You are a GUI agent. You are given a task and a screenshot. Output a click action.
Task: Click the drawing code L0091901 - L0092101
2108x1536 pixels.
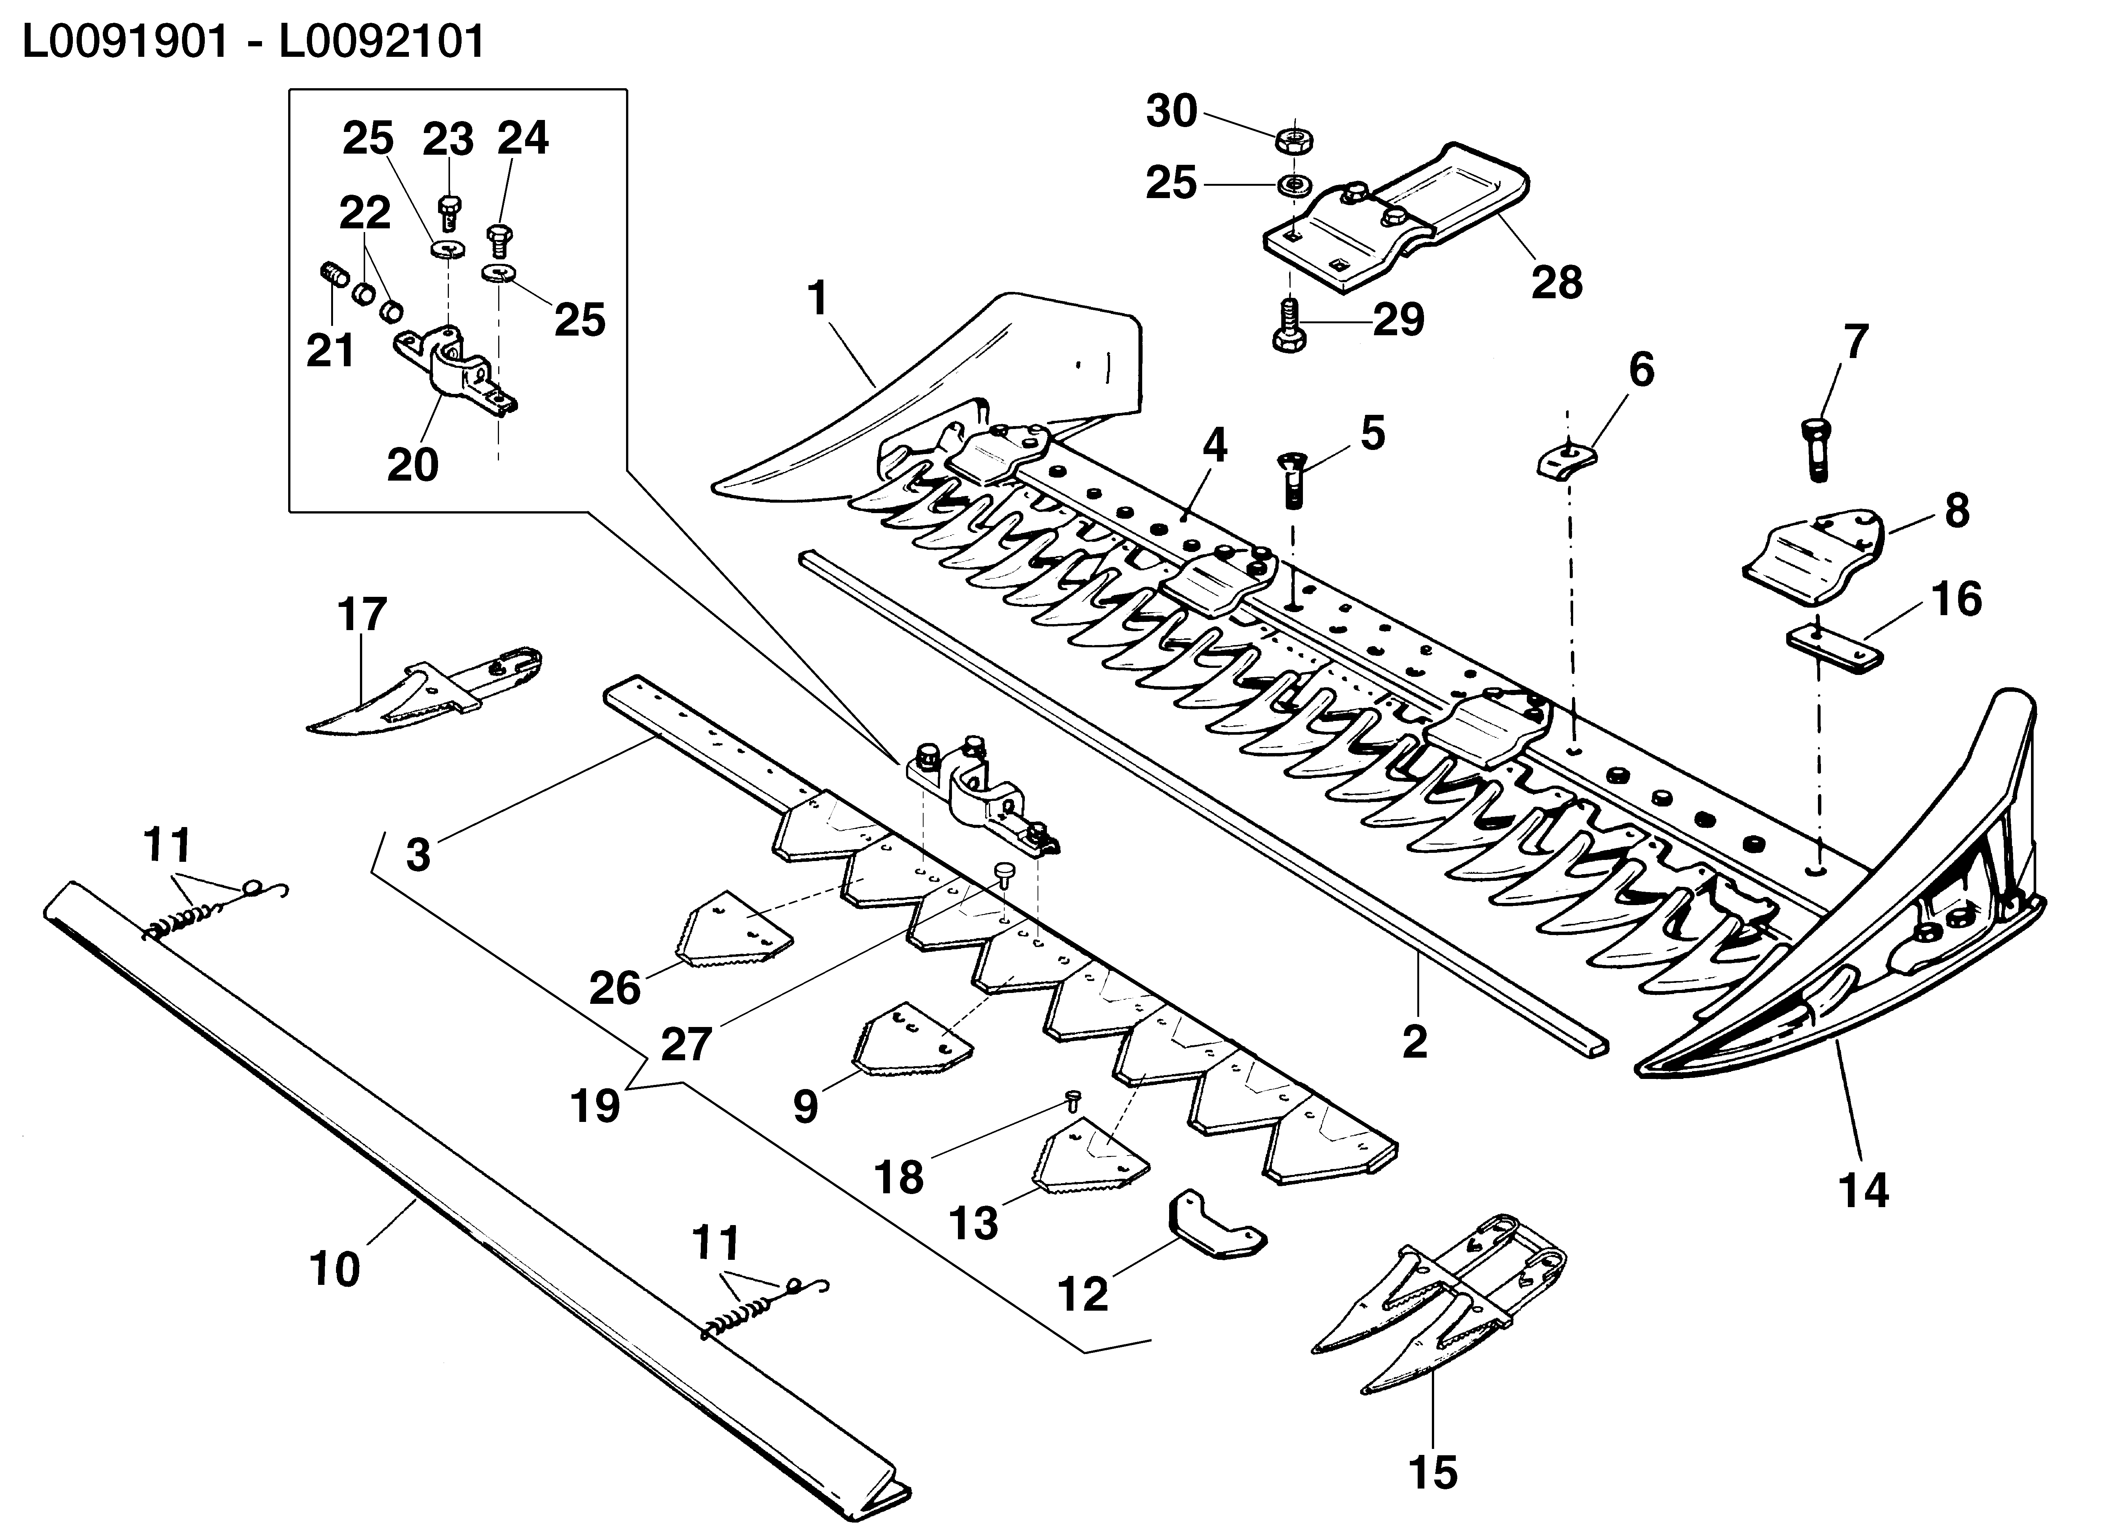pos(253,42)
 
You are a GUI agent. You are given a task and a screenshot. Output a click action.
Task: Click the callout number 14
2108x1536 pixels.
pos(1864,1191)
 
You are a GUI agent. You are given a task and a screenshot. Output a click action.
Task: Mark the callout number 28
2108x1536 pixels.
pos(1557,282)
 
